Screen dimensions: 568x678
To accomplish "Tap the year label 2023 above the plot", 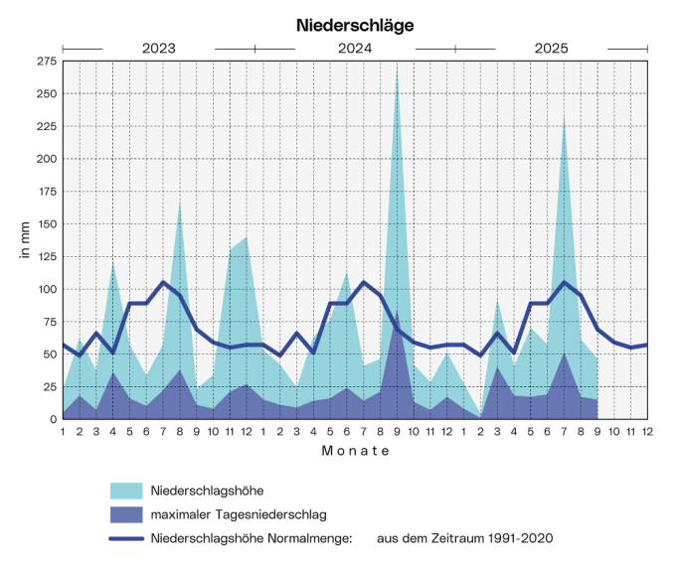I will point(159,48).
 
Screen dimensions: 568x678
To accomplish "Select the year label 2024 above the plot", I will point(355,48).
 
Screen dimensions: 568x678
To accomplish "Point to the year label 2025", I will point(552,48).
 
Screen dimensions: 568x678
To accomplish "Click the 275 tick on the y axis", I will point(46,62).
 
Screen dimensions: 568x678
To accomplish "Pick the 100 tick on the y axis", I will point(46,289).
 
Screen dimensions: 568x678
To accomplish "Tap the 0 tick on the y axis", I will point(52,419).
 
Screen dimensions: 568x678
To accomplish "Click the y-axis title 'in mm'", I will point(24,240).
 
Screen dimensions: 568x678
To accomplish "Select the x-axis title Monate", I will point(355,451).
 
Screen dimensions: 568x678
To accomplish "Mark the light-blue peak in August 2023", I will point(180,204).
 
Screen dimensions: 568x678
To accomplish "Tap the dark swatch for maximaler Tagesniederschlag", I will point(125,514).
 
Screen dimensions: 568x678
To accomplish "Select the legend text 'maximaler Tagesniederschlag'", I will point(239,514).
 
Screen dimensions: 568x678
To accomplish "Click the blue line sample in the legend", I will point(125,537).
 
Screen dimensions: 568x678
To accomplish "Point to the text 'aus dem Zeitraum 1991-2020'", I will point(464,537).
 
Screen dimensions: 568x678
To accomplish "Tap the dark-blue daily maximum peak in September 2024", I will point(398,316).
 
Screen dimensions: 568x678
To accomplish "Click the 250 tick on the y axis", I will point(46,94).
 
